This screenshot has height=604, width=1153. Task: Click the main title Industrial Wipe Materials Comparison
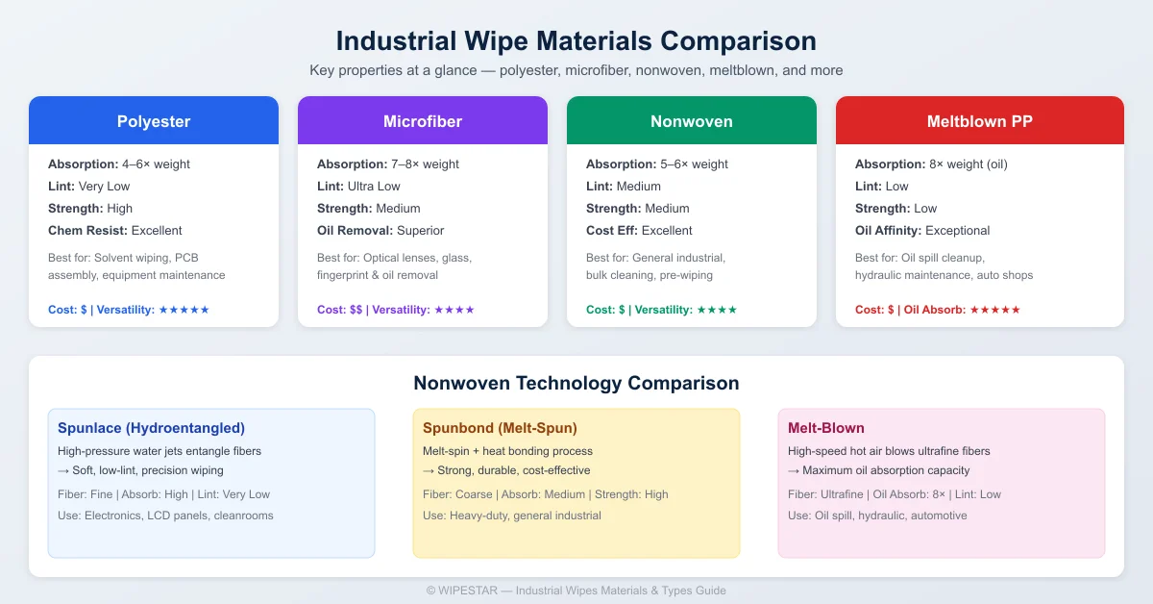coord(576,41)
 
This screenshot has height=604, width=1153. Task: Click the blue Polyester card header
coord(154,121)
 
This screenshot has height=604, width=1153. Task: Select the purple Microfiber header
coord(423,121)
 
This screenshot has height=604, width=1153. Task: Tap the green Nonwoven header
coord(692,121)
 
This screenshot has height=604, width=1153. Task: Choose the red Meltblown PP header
coord(979,121)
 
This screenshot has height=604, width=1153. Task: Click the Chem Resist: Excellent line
coord(114,231)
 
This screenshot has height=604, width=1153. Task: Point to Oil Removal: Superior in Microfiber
coord(380,231)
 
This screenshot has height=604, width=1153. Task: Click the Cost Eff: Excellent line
coord(639,231)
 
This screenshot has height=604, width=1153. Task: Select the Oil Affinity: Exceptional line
coord(922,231)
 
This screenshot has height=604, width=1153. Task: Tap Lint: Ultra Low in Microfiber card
coord(358,187)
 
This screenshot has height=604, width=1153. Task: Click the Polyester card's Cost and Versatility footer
coord(128,310)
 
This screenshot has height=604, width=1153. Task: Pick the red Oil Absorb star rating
coord(995,310)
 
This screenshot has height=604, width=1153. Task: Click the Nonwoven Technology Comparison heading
coord(576,383)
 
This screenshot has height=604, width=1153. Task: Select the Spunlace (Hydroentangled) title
coord(151,428)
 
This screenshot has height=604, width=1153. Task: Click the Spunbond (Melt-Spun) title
coord(500,428)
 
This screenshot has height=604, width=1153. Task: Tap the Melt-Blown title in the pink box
coord(825,428)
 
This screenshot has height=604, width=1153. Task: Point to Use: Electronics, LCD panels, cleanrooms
coord(165,516)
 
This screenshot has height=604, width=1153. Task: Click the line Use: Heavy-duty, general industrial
coord(511,516)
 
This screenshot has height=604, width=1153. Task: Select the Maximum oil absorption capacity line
coord(879,470)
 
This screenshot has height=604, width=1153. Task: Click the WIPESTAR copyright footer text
coord(576,591)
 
